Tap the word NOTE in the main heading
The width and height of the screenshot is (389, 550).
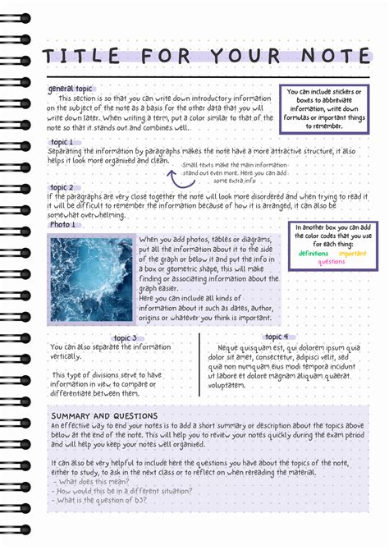[332, 57]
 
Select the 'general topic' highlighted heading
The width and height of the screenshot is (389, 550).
[71, 89]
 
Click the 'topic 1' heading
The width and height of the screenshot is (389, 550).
[62, 142]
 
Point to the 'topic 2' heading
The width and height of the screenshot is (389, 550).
[62, 187]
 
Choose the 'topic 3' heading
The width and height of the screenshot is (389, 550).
[129, 337]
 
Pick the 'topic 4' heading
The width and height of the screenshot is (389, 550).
[276, 337]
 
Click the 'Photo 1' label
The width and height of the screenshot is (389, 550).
[62, 224]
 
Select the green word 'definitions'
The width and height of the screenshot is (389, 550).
[313, 254]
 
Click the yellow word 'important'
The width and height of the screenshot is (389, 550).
[353, 254]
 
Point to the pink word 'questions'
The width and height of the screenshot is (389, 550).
[332, 262]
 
